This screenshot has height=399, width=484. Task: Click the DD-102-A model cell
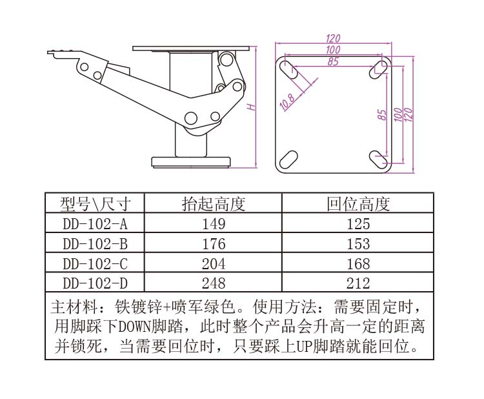95,224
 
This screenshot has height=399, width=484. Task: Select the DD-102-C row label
95,263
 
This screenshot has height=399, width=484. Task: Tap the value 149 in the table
214,224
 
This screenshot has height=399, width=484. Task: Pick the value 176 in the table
214,244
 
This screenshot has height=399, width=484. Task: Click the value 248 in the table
214,283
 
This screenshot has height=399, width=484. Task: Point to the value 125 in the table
358,224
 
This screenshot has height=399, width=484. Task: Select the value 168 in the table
358,263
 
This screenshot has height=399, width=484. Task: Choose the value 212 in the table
358,283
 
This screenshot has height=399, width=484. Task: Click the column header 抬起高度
214,204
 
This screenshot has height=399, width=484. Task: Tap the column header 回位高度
358,204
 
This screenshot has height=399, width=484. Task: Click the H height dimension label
252,107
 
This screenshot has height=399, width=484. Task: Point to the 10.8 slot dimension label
287,102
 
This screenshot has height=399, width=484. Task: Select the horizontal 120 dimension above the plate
333,38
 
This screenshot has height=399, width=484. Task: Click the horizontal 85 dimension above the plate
333,61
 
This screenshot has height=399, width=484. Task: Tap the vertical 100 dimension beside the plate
399,114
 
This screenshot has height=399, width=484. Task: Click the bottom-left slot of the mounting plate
288,159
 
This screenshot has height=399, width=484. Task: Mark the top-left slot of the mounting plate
288,70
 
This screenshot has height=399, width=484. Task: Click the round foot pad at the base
192,162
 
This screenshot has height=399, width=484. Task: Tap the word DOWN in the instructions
135,327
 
